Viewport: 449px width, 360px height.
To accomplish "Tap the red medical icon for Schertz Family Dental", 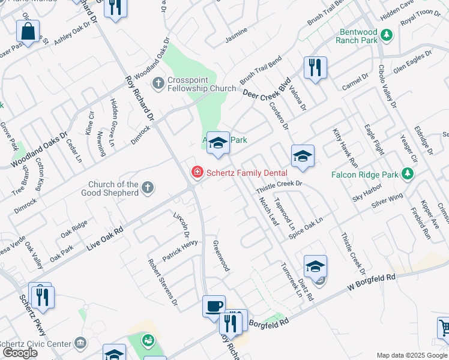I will click(196, 173).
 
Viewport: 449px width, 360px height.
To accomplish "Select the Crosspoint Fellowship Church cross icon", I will click(158, 82).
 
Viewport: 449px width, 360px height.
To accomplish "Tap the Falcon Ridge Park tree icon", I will click(408, 174).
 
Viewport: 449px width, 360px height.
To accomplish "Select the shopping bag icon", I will click(28, 32).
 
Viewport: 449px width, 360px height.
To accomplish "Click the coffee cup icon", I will click(214, 307).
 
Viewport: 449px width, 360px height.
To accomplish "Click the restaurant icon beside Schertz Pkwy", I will click(42, 297).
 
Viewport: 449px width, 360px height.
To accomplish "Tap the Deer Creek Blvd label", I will click(267, 88).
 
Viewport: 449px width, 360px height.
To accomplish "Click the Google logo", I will click(20, 353).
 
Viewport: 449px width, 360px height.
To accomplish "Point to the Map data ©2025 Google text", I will click(412, 355).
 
